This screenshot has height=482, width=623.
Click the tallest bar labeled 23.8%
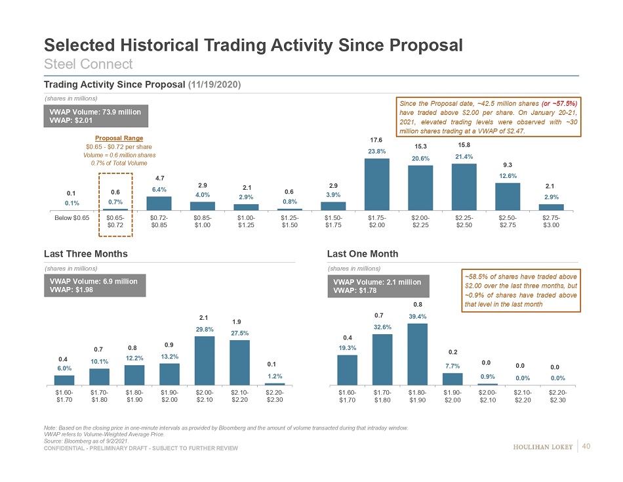tap(377, 185)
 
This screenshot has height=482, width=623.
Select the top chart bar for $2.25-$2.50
tap(464, 187)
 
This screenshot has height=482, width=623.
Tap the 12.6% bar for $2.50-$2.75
tap(508, 196)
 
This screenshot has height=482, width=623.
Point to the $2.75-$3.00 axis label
tap(551, 220)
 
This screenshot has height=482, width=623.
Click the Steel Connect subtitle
tap(88, 64)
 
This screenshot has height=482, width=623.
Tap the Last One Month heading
tap(362, 253)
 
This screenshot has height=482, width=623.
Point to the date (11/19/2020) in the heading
tap(214, 85)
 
